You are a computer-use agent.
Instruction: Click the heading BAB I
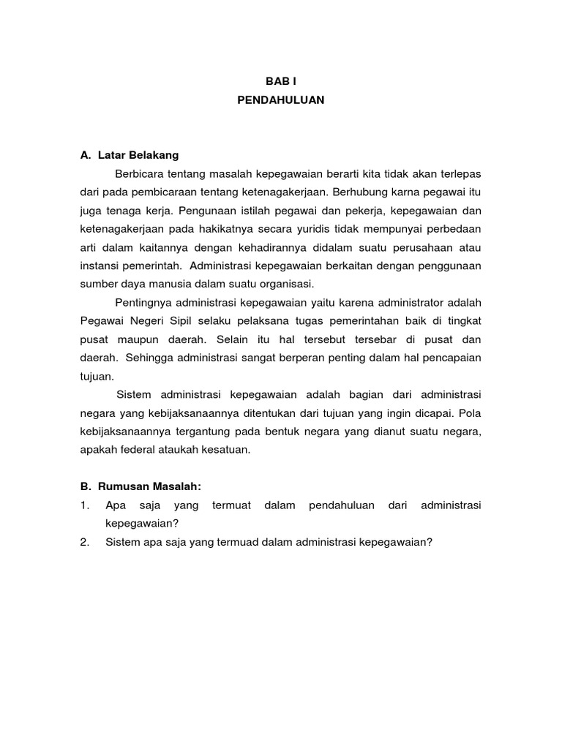coord(280,83)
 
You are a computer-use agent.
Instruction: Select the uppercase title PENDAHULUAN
coord(280,101)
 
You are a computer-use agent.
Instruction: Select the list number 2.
coord(85,542)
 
